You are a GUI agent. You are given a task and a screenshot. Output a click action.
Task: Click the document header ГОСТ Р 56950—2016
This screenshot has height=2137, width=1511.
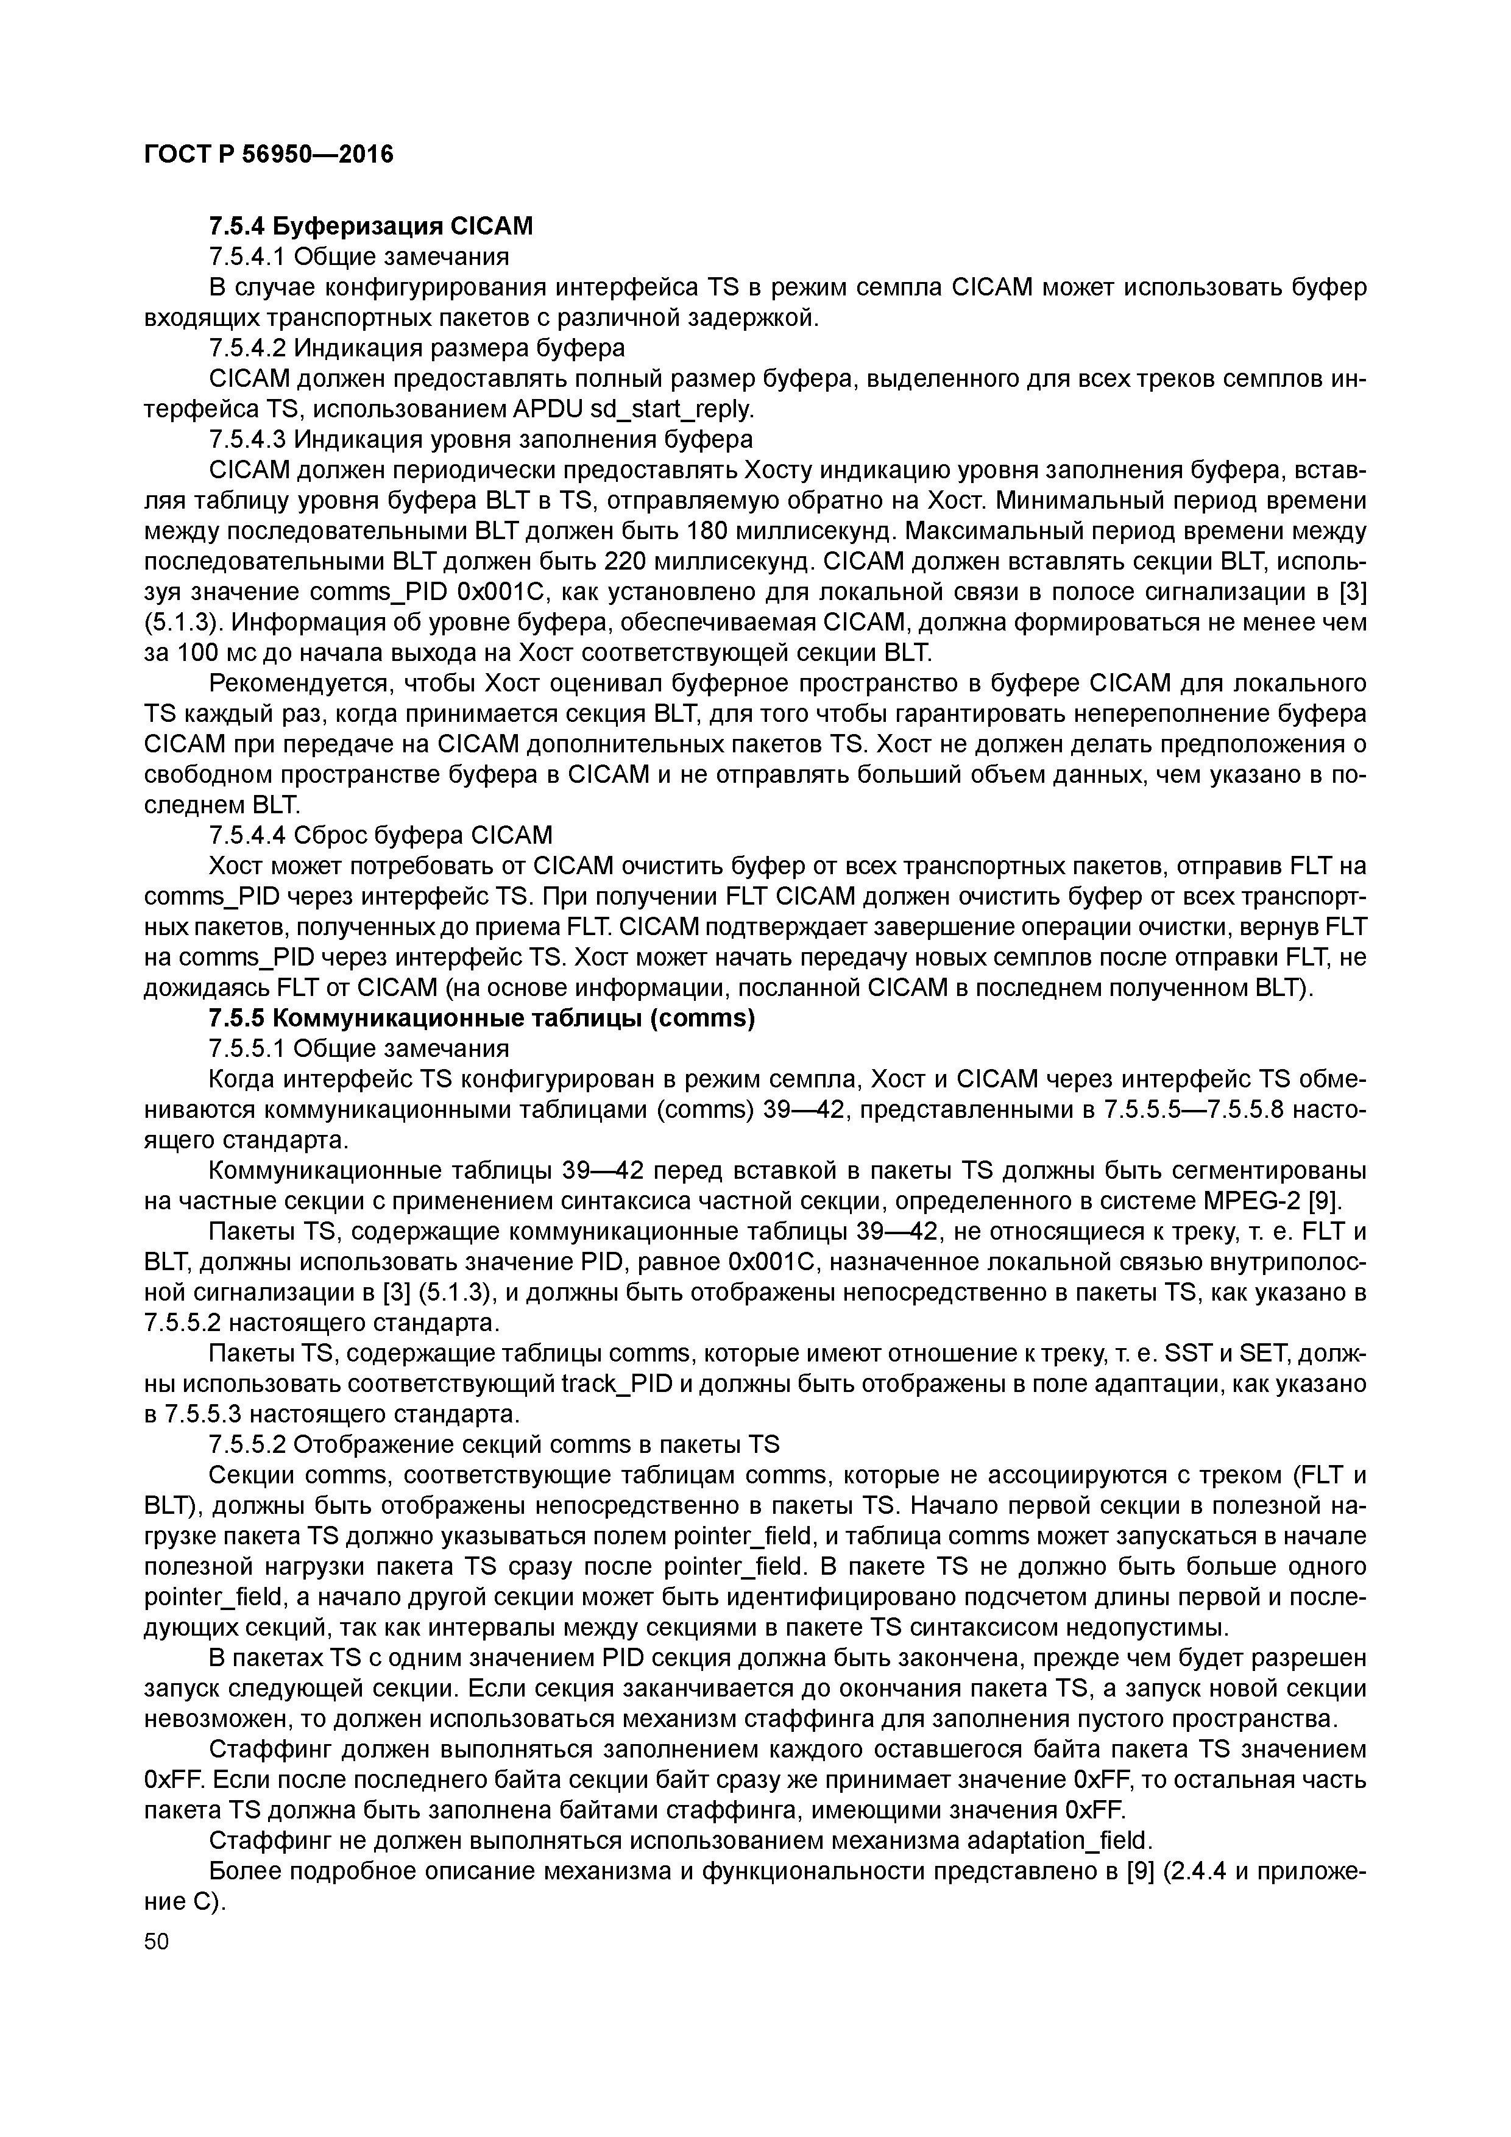[x=269, y=154]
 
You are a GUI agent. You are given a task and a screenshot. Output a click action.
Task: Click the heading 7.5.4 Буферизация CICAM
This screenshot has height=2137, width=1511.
[x=370, y=226]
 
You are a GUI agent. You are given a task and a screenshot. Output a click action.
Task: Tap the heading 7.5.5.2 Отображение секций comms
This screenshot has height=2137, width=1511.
[x=494, y=1444]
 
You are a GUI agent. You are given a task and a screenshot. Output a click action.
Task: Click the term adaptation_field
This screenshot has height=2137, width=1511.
[x=1060, y=1841]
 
